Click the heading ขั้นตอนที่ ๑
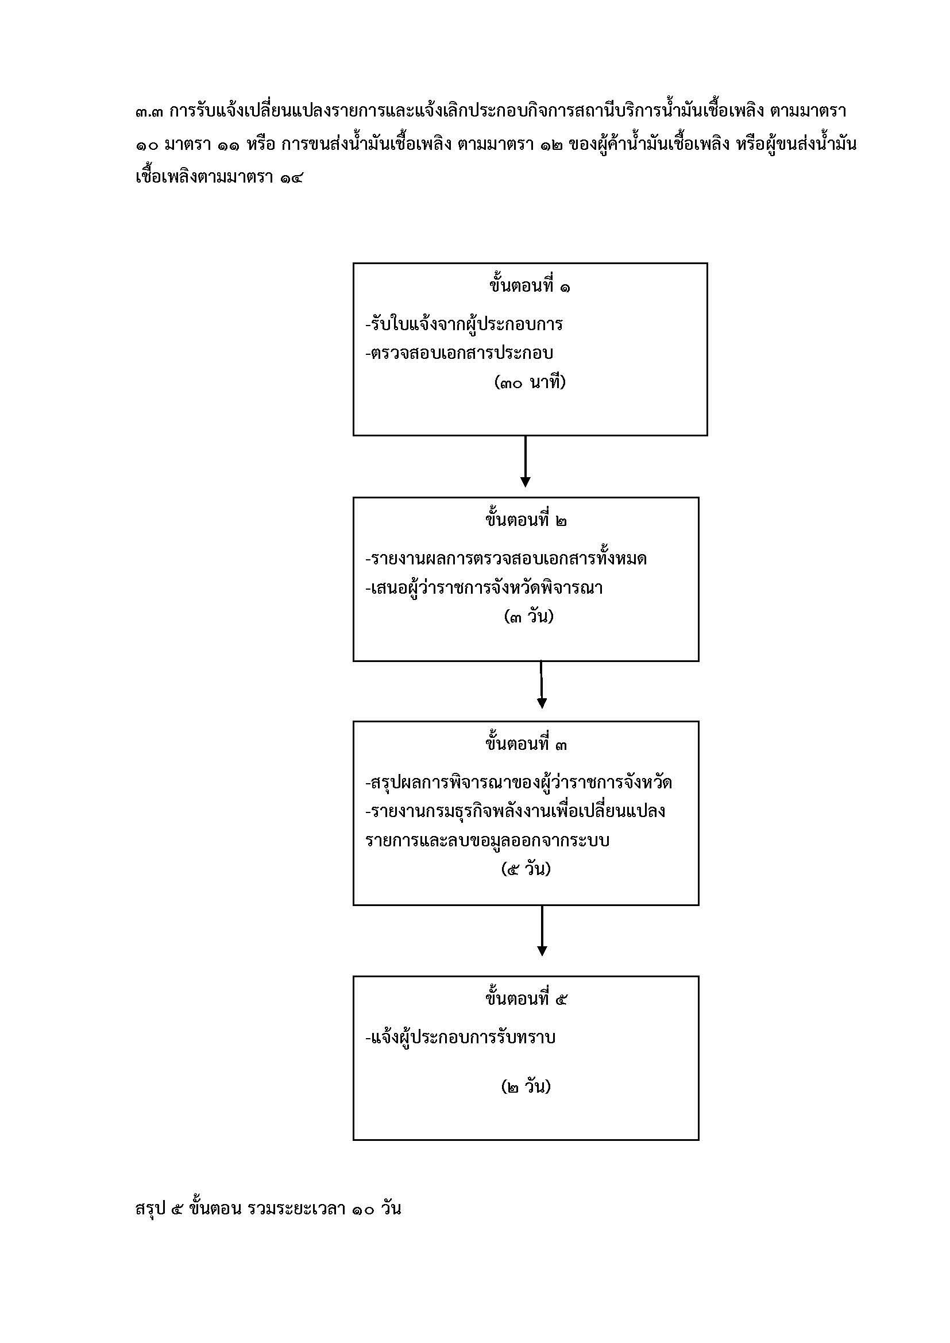(x=530, y=285)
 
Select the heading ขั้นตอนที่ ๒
(x=526, y=519)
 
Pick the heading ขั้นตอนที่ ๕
(x=526, y=998)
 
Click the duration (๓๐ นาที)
(x=530, y=382)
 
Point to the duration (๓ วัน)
(x=528, y=616)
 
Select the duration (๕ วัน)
(x=526, y=869)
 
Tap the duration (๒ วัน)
(x=526, y=1086)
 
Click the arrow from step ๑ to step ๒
(x=526, y=462)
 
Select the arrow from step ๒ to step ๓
(x=542, y=685)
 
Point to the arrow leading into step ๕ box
(x=542, y=931)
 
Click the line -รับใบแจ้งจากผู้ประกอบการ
(x=464, y=323)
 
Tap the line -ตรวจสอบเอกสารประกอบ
(x=459, y=353)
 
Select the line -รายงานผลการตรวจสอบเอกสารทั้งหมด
(x=506, y=558)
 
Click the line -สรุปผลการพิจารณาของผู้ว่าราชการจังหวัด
(x=518, y=781)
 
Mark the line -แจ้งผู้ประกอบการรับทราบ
(x=461, y=1037)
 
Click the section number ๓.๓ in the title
(x=150, y=111)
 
